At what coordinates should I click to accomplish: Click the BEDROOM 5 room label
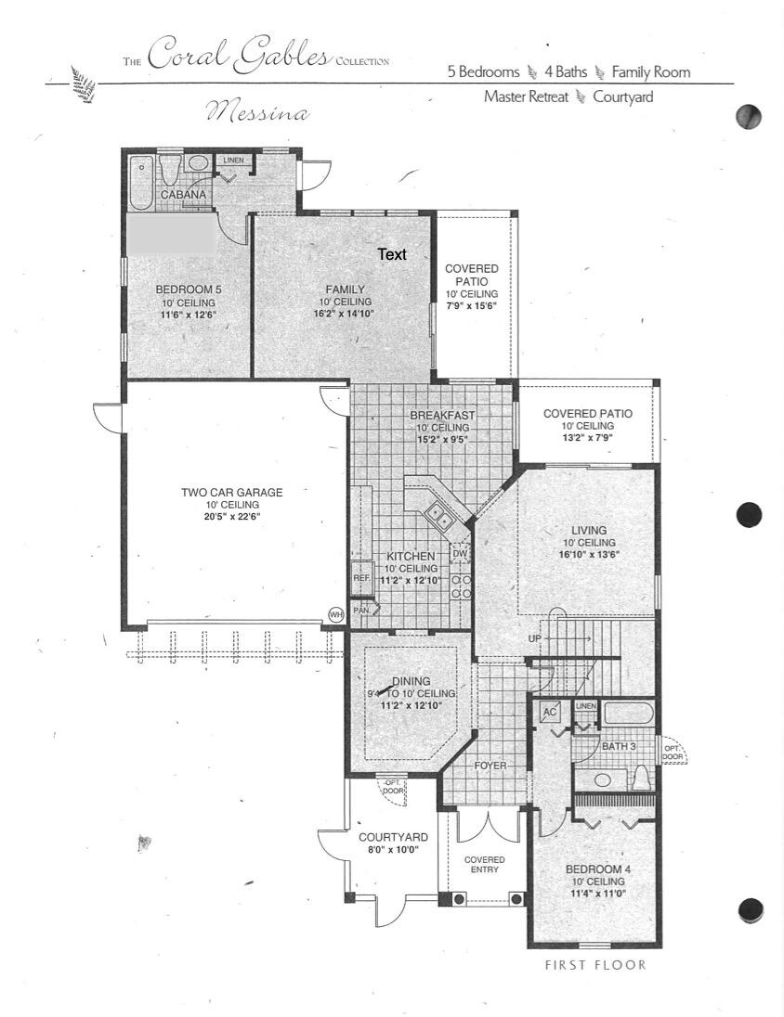click(189, 289)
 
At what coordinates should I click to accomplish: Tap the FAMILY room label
click(345, 289)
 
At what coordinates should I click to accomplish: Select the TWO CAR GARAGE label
click(231, 493)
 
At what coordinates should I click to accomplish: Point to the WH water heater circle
click(335, 614)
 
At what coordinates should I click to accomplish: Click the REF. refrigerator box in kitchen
click(361, 577)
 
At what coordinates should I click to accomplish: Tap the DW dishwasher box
click(459, 554)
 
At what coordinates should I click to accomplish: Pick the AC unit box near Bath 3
click(550, 712)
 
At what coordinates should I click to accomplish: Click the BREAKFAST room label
click(442, 415)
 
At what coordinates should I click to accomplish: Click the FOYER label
click(490, 766)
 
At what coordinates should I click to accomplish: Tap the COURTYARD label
click(394, 837)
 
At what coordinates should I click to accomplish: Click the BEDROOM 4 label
click(598, 869)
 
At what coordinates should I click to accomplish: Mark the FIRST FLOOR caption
click(595, 965)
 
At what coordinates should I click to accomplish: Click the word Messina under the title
click(257, 113)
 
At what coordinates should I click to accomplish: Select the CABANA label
click(183, 195)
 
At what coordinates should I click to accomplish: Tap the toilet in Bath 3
click(640, 778)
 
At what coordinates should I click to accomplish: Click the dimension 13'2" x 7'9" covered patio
click(587, 439)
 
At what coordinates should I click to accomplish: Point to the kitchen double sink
click(437, 516)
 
